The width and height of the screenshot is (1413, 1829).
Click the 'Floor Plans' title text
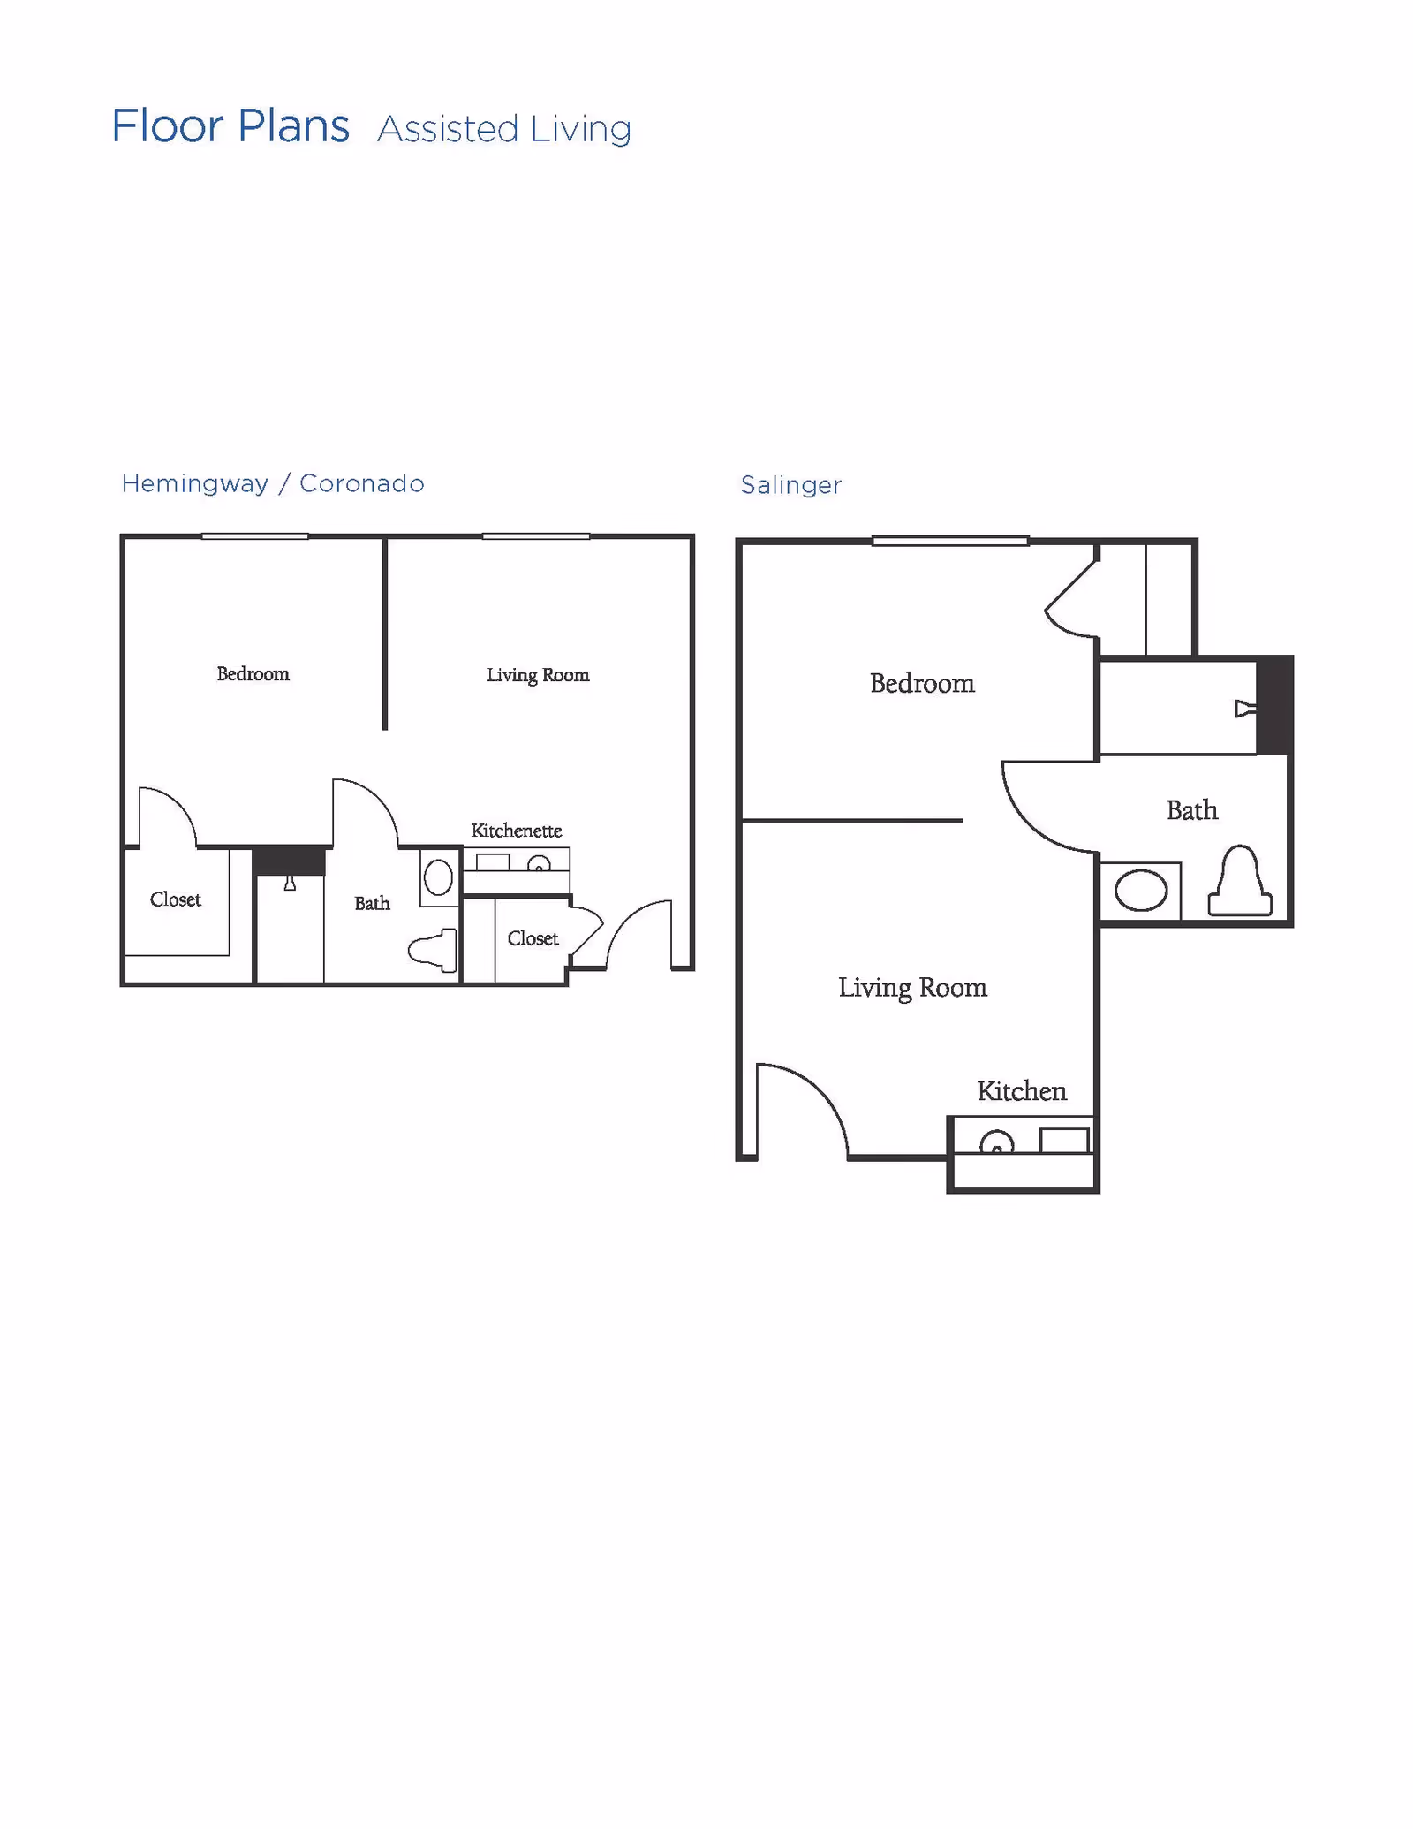tap(230, 126)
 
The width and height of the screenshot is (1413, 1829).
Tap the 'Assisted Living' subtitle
tap(504, 130)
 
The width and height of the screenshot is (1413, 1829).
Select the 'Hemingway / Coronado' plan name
tap(273, 483)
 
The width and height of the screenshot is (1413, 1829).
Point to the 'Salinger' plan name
tap(790, 485)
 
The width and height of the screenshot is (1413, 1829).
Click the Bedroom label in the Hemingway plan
tap(253, 674)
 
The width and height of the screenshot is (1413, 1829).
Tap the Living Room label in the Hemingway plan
tap(538, 675)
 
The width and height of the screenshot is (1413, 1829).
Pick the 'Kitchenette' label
tap(517, 831)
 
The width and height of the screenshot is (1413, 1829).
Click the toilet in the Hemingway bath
tap(435, 950)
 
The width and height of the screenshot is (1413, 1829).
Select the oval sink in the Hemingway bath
tap(439, 877)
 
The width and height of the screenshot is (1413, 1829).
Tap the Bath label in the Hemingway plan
tap(372, 903)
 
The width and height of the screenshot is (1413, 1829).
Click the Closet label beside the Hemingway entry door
tap(533, 938)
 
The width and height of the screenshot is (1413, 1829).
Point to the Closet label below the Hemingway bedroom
tap(176, 899)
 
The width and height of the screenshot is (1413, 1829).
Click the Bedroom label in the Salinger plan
tap(922, 684)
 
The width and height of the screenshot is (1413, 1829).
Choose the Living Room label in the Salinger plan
tap(912, 987)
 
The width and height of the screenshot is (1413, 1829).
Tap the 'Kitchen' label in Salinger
tap(1022, 1091)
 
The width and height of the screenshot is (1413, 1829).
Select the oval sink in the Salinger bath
tap(1141, 891)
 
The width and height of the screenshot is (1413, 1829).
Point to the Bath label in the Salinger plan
tap(1192, 810)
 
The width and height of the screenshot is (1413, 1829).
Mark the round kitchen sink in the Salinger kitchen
tap(997, 1144)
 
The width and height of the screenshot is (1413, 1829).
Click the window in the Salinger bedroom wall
tap(950, 541)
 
